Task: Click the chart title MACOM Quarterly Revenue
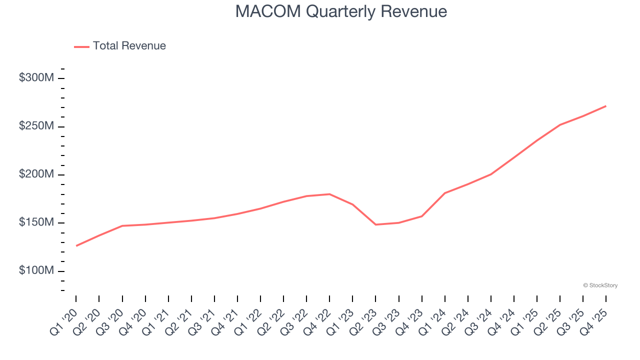341,11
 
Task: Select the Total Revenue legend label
129,46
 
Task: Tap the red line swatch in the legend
81,46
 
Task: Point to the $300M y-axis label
36,78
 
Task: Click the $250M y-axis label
36,126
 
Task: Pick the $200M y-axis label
36,174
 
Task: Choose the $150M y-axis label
36,222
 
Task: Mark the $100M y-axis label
36,270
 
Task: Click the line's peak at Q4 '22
329,194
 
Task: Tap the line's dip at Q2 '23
375,224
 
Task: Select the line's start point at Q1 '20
76,245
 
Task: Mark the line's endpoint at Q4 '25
605,106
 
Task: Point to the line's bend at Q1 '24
444,193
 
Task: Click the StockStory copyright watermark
600,285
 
